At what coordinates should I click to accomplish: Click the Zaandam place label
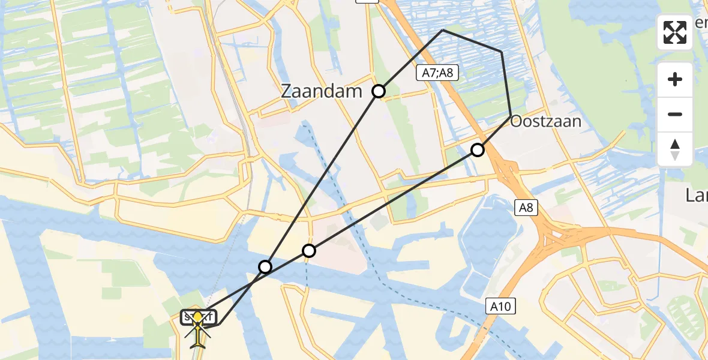coord(322,91)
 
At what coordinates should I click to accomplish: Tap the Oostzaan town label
coord(545,122)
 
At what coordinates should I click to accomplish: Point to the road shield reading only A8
coord(526,208)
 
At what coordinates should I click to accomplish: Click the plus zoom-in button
coord(675,79)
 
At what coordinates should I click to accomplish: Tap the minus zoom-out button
coord(675,114)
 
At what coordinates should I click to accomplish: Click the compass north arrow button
coord(675,149)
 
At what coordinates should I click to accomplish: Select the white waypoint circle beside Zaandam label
coord(379,91)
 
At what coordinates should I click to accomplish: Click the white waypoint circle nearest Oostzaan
coord(477,150)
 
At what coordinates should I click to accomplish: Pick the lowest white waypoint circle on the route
coord(265,266)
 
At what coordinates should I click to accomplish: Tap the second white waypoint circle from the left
coord(308,251)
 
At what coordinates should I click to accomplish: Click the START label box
coord(199,316)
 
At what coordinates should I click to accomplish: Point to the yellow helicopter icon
coord(198,329)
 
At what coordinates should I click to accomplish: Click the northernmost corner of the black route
coord(442,30)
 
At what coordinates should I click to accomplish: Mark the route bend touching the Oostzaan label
coord(511,115)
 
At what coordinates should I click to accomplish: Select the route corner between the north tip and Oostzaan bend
coord(502,52)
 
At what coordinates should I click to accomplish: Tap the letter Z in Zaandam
coord(287,91)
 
